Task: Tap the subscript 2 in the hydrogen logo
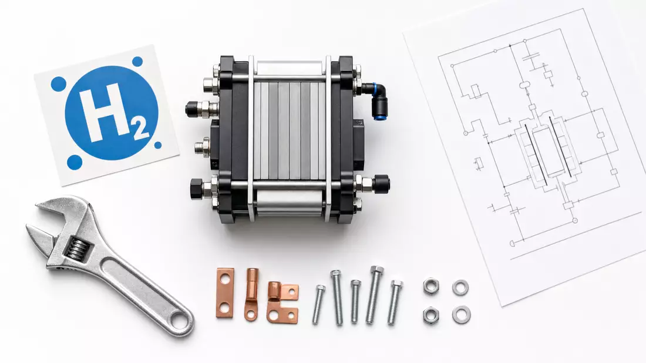pos(140,129)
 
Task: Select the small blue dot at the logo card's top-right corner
pos(137,62)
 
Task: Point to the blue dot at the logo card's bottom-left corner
pos(75,162)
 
